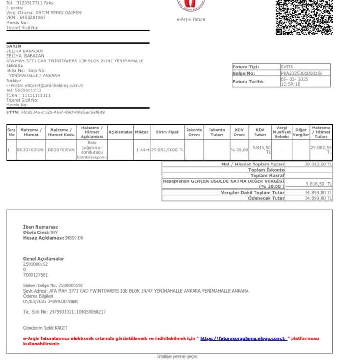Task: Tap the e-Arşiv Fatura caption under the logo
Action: [191, 19]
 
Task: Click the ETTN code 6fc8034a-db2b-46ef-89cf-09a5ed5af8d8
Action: [63, 112]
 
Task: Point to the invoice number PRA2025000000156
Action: [302, 73]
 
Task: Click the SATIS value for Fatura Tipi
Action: [287, 67]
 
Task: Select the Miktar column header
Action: [142, 132]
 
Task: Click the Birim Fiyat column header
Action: [167, 132]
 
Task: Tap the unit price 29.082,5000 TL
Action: [167, 150]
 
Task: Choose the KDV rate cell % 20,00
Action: [240, 150]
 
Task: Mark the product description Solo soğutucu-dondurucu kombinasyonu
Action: [92, 150]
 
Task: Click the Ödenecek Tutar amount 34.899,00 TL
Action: [318, 198]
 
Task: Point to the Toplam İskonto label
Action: [266, 170]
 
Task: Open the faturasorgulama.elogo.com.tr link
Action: [243, 338]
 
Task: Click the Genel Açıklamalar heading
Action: [44, 259]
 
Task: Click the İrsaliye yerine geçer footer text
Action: [177, 357]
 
